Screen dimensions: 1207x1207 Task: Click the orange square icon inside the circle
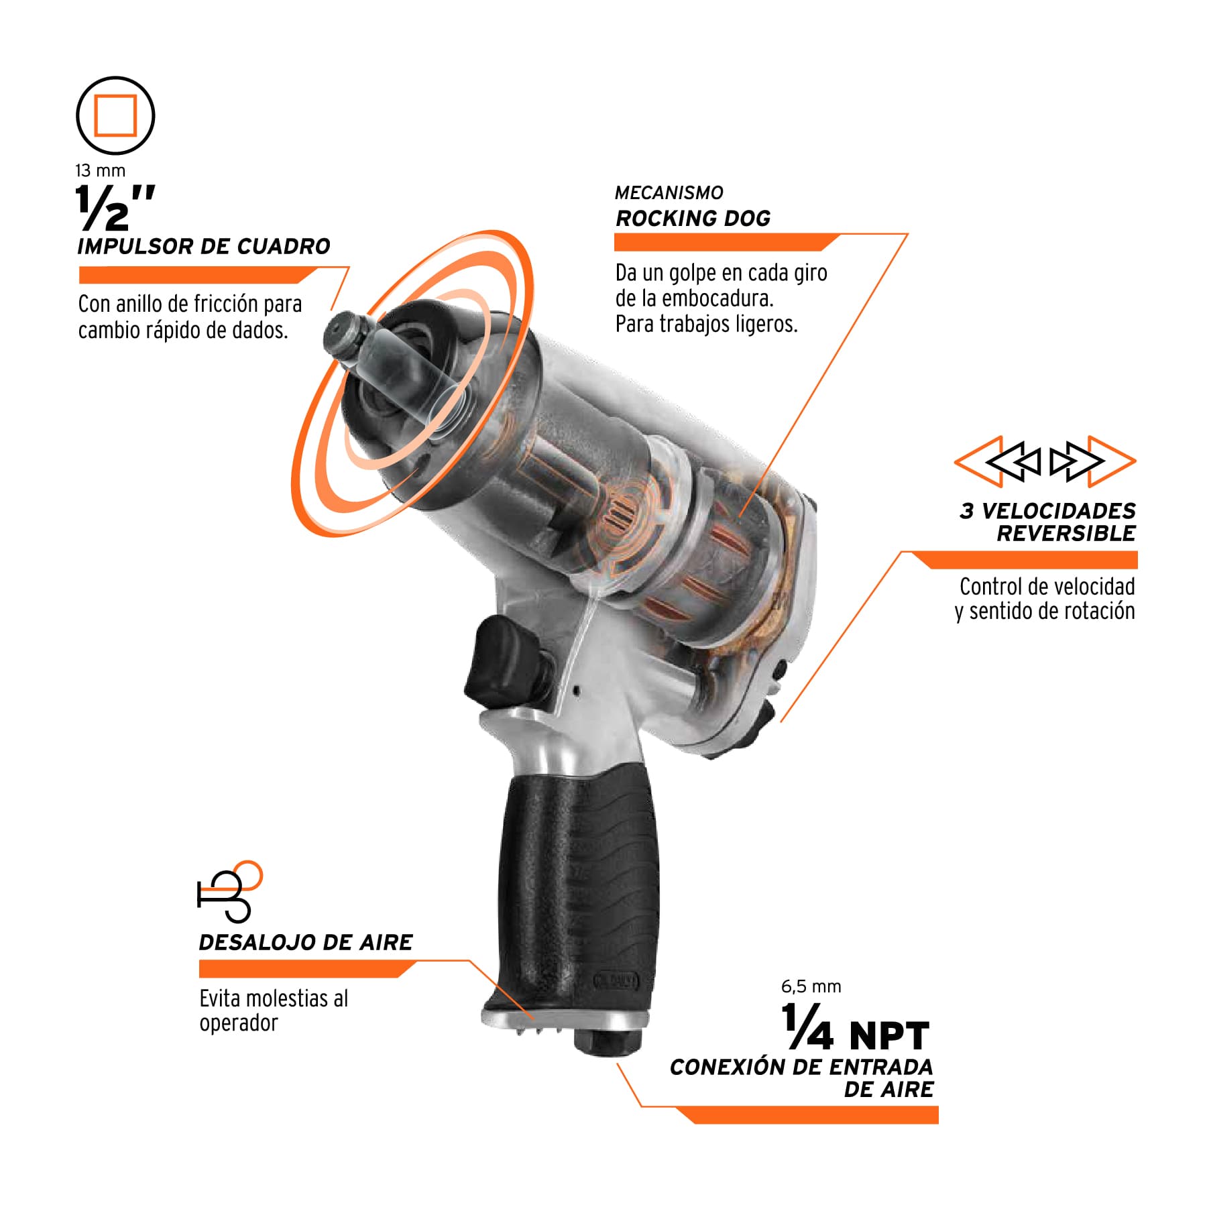115,115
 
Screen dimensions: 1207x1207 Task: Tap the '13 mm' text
101,171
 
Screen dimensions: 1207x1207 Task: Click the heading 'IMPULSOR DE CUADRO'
204,246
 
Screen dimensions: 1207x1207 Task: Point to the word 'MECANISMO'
669,193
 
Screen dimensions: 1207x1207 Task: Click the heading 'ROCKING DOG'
693,219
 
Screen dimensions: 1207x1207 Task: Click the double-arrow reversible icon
1045,461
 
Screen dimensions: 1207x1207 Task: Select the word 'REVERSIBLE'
1066,534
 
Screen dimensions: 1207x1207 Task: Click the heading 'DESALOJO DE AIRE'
306,942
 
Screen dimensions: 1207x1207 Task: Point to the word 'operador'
239,1024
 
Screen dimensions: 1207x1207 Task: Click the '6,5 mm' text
811,986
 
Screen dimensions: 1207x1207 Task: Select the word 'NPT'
889,1036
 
